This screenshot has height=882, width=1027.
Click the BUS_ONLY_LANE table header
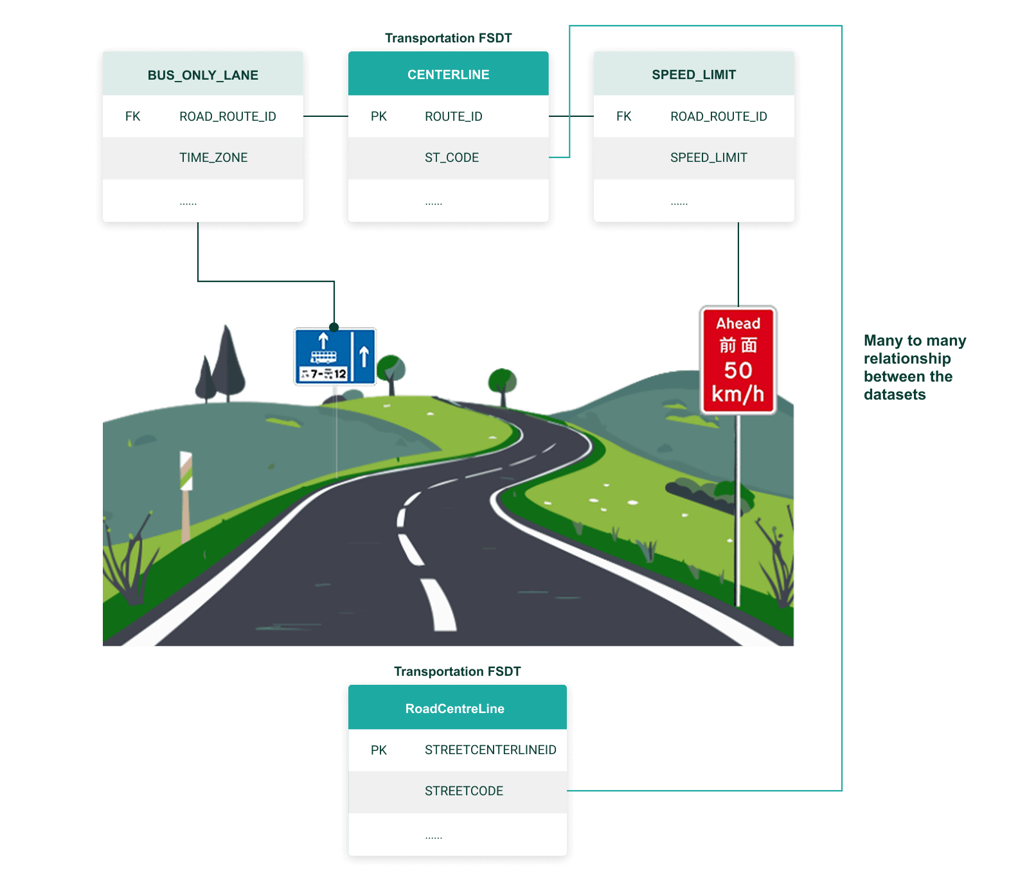click(x=203, y=75)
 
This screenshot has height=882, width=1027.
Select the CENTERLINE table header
click(x=448, y=75)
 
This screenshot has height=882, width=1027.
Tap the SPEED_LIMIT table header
click(x=693, y=75)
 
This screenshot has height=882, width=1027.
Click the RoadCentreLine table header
click(x=454, y=709)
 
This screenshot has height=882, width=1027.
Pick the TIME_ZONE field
click(x=213, y=157)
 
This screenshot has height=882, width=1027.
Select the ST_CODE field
click(x=451, y=157)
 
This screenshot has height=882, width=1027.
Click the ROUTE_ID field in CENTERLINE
click(x=453, y=116)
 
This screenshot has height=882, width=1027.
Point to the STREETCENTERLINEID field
click(x=490, y=750)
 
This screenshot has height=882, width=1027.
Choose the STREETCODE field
click(x=463, y=791)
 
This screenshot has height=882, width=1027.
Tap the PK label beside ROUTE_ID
click(x=379, y=116)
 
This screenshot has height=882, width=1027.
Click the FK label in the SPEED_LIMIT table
click(x=623, y=116)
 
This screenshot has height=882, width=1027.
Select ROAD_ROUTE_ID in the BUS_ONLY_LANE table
click(x=228, y=116)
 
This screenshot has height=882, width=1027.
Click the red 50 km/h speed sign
click(x=738, y=360)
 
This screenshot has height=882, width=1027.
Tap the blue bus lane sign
click(x=335, y=357)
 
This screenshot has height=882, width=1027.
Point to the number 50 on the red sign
click(x=738, y=370)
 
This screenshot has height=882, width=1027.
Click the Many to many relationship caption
click(x=914, y=367)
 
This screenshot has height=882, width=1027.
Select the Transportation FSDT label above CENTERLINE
click(x=448, y=38)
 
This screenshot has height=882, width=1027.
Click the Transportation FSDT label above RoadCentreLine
click(x=457, y=671)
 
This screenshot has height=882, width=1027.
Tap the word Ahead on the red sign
click(x=738, y=323)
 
